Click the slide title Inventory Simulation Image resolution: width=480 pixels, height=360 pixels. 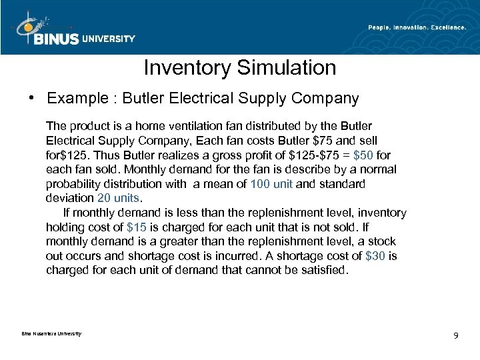240,67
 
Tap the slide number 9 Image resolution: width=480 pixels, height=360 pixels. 455,335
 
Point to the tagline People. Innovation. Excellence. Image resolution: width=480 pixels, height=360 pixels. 417,27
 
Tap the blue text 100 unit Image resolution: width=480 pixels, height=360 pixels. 271,183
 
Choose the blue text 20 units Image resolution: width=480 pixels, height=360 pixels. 120,198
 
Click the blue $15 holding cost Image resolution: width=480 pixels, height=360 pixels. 137,227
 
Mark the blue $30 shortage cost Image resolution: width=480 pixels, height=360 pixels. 375,256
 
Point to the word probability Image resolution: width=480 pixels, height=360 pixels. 73,183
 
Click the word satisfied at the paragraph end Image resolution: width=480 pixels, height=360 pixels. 324,271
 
